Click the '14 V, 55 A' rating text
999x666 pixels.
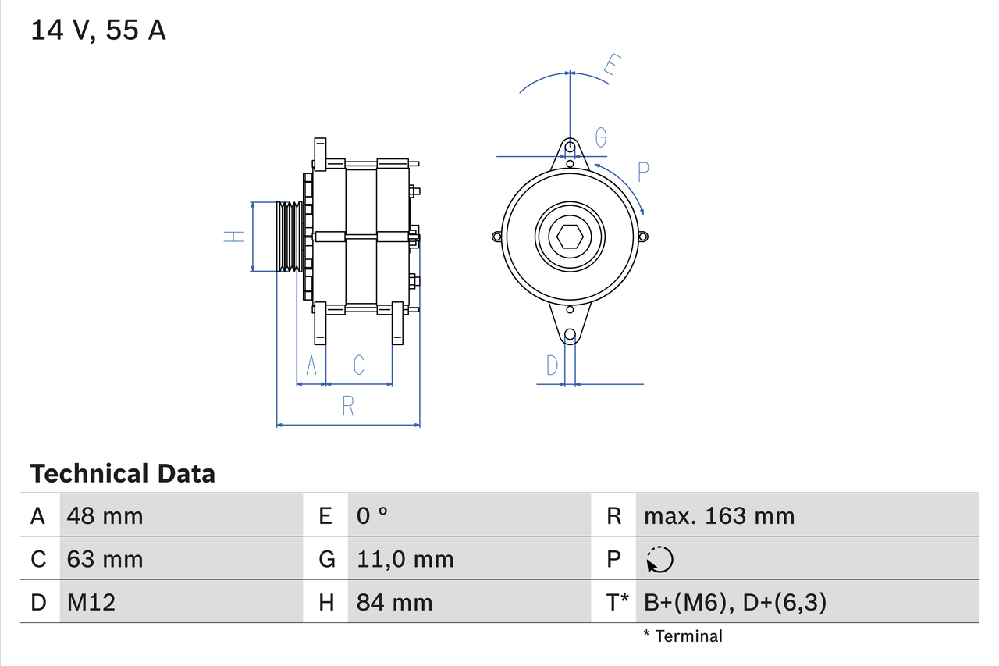click(x=98, y=30)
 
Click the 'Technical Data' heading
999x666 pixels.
click(x=123, y=474)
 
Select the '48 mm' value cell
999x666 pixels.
click(x=105, y=515)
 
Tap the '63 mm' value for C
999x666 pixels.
click(x=105, y=559)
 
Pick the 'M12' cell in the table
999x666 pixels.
click(x=91, y=602)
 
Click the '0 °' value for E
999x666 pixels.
click(x=372, y=515)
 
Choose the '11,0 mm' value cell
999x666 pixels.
click(x=405, y=559)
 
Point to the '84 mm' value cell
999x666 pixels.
click(x=394, y=602)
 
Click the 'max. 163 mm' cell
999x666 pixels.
click(x=719, y=515)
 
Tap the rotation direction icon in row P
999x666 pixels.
click(x=659, y=559)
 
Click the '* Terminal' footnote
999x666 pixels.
click(x=683, y=636)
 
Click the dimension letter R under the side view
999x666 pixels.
click(x=348, y=406)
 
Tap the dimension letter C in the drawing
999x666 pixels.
click(x=358, y=365)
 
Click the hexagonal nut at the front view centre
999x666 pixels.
click(x=571, y=237)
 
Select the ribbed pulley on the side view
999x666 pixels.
click(x=290, y=237)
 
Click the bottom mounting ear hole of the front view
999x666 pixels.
click(x=571, y=334)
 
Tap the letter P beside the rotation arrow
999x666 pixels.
click(x=643, y=172)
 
